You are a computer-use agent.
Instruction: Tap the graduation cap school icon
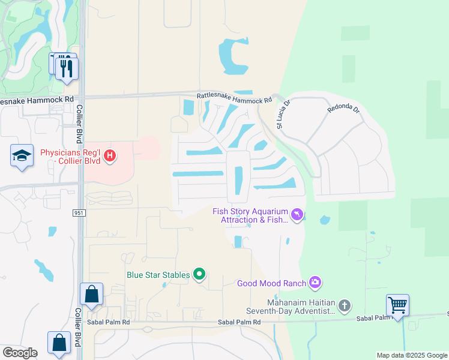click(x=22, y=156)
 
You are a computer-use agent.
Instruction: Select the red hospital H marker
click(x=110, y=157)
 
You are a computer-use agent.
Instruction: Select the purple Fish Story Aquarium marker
click(x=297, y=215)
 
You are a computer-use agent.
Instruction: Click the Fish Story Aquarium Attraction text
click(x=250, y=215)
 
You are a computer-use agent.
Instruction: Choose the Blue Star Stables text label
click(x=158, y=275)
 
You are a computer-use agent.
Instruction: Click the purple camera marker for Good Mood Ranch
click(x=315, y=282)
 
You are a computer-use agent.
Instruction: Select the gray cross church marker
click(x=345, y=306)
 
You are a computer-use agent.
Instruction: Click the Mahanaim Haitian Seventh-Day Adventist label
click(x=291, y=307)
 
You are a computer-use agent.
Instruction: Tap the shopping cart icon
click(x=397, y=305)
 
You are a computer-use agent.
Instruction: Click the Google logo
click(x=20, y=353)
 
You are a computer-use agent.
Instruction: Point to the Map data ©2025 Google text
click(x=411, y=355)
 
